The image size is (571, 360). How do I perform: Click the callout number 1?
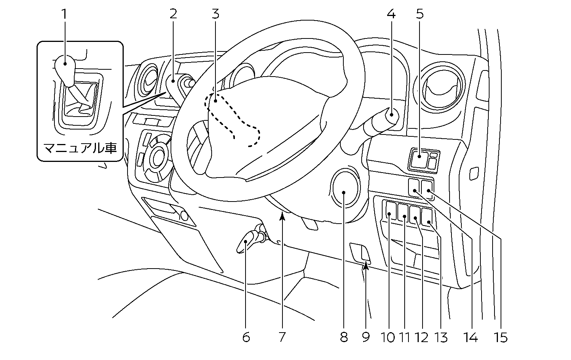pyautogui.click(x=64, y=14)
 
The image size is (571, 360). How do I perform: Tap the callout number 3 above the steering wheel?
pyautogui.click(x=215, y=14)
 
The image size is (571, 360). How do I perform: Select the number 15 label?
pyautogui.click(x=501, y=337)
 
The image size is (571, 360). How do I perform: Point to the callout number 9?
pyautogui.click(x=366, y=337)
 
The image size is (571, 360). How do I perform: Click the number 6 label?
pyautogui.click(x=246, y=337)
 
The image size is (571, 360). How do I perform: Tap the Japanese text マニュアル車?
pyautogui.click(x=80, y=148)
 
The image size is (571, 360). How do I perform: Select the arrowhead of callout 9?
pyautogui.click(x=365, y=266)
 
